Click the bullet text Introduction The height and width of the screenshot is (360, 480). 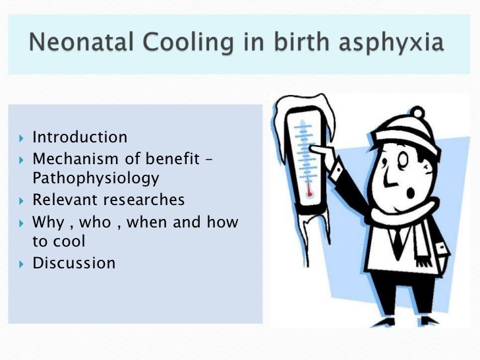coord(80,137)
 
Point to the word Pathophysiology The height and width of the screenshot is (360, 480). coord(96,178)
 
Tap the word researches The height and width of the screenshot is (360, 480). coord(144,199)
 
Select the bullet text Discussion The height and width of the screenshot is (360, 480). coord(74,263)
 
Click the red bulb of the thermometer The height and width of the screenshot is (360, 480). coord(308,194)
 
